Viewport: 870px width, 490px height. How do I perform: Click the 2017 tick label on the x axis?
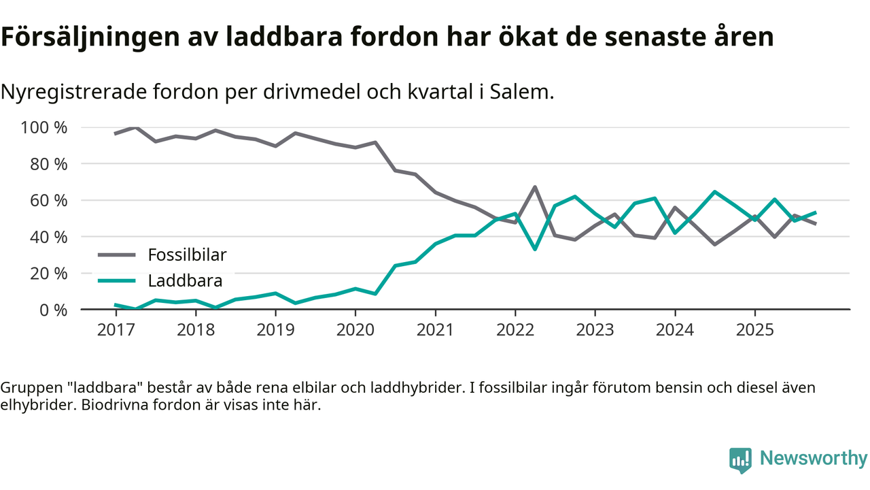tap(116, 330)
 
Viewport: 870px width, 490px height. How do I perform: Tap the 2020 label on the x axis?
tap(355, 330)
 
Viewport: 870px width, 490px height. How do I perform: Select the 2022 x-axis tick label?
tap(515, 330)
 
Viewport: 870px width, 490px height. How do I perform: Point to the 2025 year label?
tap(754, 330)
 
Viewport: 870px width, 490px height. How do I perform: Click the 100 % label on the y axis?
tap(44, 128)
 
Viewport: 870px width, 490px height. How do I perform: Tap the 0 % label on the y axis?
tap(53, 310)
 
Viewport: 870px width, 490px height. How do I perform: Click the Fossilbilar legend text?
tap(187, 255)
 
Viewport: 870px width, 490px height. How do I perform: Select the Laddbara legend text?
tap(185, 280)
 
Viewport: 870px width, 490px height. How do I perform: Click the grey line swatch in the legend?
tap(118, 255)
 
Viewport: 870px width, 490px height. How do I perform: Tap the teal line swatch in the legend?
tap(118, 280)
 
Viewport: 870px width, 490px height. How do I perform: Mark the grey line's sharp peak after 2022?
tap(536, 187)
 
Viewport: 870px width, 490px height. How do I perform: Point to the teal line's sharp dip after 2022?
tap(536, 248)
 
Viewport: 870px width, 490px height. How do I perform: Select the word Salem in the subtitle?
tap(525, 92)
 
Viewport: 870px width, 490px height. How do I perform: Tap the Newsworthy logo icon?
tap(740, 459)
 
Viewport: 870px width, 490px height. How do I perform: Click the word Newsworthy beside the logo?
tap(813, 458)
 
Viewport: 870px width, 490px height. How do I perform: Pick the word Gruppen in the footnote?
tap(28, 388)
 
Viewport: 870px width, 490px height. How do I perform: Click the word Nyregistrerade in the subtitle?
tap(64, 92)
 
